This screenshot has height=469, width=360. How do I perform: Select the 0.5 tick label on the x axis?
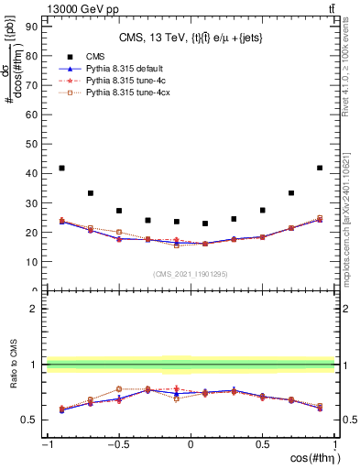(x=262, y=445)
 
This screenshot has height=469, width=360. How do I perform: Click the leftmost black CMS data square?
(x=61, y=168)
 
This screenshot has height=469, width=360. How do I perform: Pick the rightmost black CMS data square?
(x=320, y=168)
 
